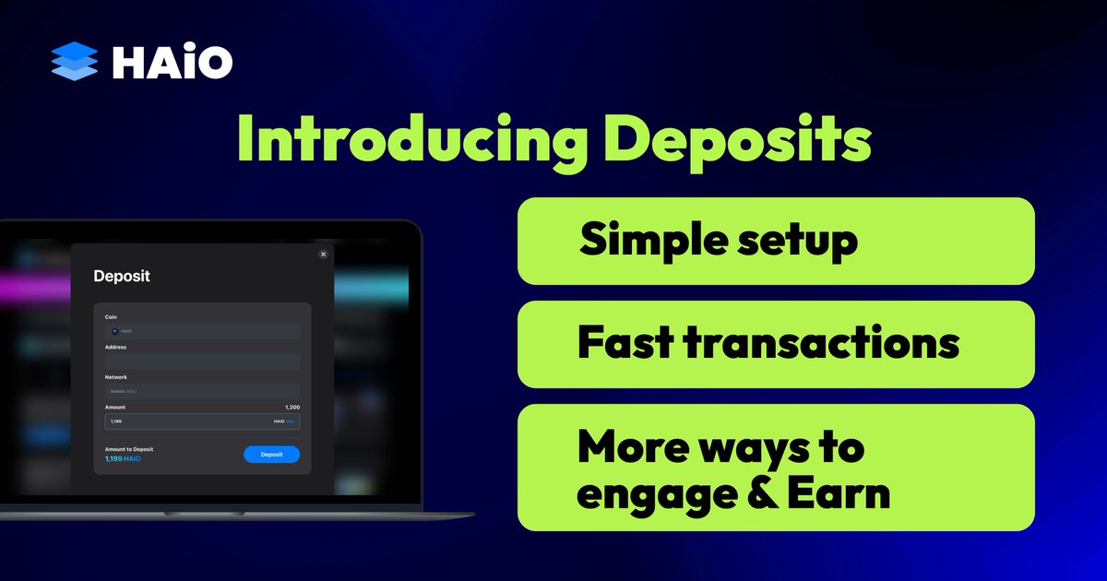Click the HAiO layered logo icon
click(75, 62)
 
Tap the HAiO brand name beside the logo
click(172, 62)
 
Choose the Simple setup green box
click(776, 241)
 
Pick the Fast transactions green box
click(776, 344)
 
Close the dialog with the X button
click(323, 254)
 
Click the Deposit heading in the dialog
click(122, 276)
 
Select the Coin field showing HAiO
click(202, 330)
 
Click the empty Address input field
click(202, 361)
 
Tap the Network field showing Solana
click(202, 391)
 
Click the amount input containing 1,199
click(184, 421)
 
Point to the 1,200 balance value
click(292, 407)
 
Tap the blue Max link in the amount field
click(291, 421)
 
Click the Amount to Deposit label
click(129, 449)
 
